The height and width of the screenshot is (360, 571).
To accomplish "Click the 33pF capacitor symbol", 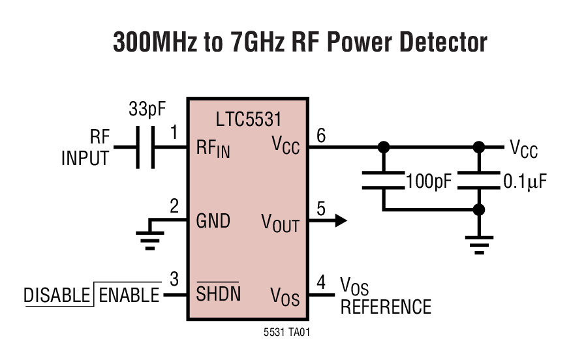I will [x=145, y=147].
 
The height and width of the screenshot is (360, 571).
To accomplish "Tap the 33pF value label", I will [x=147, y=109].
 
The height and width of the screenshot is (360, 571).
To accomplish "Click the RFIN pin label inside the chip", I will [x=213, y=149].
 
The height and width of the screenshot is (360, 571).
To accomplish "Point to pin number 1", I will [x=174, y=133].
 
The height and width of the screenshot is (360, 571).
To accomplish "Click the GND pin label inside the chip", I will [x=213, y=220].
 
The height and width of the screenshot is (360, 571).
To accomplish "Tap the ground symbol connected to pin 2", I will [x=150, y=240].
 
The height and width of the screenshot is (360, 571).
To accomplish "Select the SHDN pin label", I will [x=218, y=294].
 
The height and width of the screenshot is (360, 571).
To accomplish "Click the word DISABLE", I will [x=57, y=295].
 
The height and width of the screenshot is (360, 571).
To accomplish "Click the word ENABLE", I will [x=129, y=295].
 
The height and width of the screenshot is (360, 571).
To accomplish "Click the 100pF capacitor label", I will [x=428, y=181].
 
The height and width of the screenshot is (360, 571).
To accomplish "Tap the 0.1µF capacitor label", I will [x=524, y=181].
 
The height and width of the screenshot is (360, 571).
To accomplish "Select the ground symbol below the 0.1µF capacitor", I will [x=479, y=245].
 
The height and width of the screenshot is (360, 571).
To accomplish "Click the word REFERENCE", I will [x=386, y=307].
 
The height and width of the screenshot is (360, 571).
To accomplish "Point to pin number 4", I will [x=320, y=283].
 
